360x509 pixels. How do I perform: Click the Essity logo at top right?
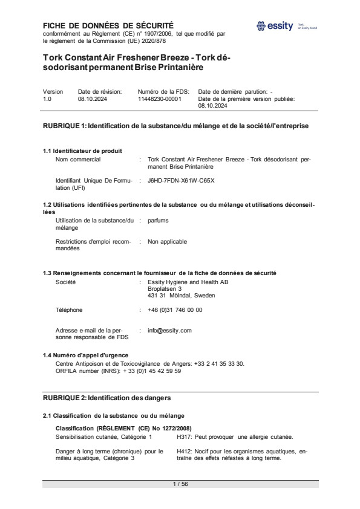pyautogui.click(x=275, y=26)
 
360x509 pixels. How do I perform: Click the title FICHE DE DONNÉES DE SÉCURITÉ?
pyautogui.click(x=108, y=25)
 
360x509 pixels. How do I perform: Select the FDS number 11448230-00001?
pyautogui.click(x=160, y=99)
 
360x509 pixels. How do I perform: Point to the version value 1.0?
pyautogui.click(x=47, y=99)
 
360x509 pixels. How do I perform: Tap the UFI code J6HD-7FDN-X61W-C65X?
pyautogui.click(x=181, y=180)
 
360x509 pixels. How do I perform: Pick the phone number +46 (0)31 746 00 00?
pyautogui.click(x=175, y=310)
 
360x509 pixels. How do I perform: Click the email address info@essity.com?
pyautogui.click(x=169, y=331)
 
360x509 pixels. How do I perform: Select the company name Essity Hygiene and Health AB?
pyautogui.click(x=188, y=282)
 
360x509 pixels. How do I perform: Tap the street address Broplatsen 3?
pyautogui.click(x=165, y=289)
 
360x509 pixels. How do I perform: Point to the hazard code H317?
pyautogui.click(x=184, y=436)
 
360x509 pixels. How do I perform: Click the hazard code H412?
pyautogui.click(x=184, y=452)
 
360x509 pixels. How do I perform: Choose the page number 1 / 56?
pyautogui.click(x=180, y=484)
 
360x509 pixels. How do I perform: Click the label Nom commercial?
pyautogui.click(x=78, y=160)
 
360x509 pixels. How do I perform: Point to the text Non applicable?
pyautogui.click(x=167, y=242)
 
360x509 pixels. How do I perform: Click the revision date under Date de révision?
pyautogui.click(x=93, y=99)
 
